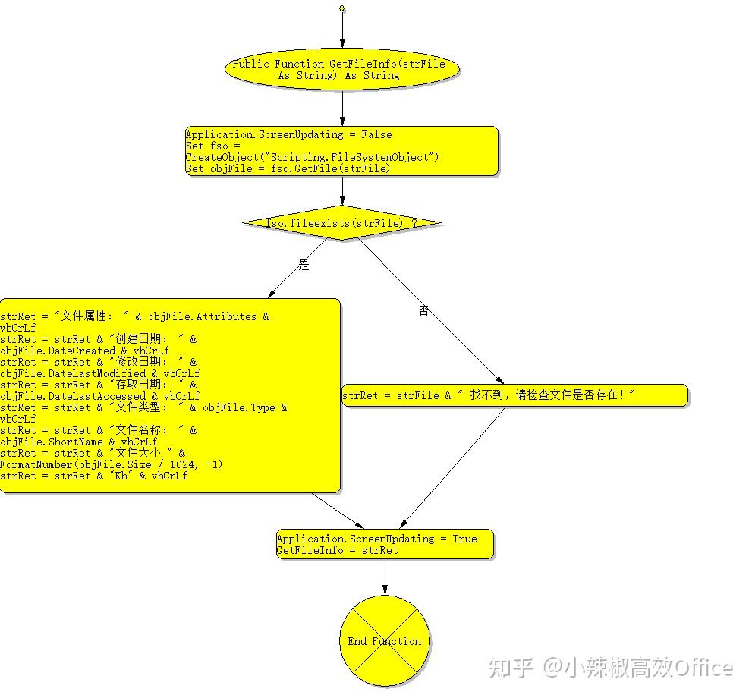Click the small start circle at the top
point(342,8)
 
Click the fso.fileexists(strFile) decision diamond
point(342,223)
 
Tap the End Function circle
point(385,640)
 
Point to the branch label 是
point(304,265)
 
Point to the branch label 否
point(424,310)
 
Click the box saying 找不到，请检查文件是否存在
point(514,395)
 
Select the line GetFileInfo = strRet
point(337,550)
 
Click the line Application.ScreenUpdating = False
point(289,134)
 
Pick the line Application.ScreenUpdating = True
point(377,539)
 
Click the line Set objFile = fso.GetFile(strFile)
point(288,168)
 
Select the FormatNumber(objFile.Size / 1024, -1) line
point(112,464)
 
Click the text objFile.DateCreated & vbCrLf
point(85,351)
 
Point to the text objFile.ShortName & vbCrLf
point(79,442)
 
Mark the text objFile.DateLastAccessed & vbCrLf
point(100,396)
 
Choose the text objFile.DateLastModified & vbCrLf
point(100,373)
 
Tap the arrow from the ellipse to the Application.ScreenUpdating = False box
point(342,108)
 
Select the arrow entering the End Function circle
point(385,578)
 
